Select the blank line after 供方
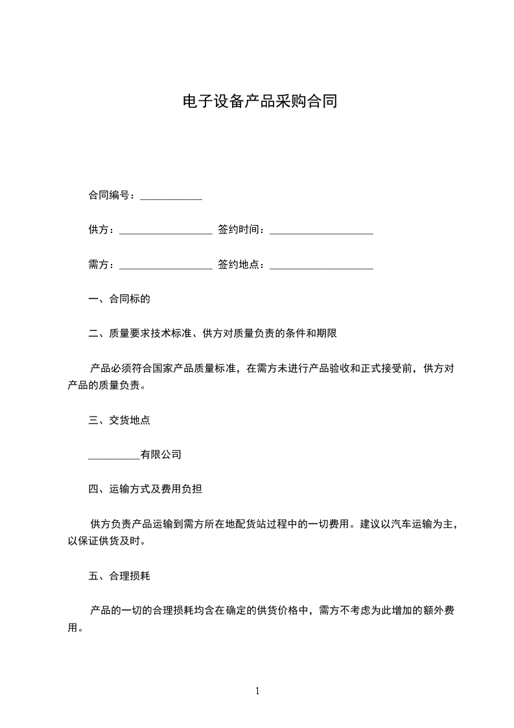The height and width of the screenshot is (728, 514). (x=166, y=230)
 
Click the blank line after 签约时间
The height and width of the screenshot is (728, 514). (x=321, y=230)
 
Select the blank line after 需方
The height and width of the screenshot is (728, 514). (x=166, y=265)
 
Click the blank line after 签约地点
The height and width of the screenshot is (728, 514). (x=321, y=265)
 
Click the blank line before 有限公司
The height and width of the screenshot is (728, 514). (x=113, y=455)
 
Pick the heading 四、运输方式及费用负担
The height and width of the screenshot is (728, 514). (x=145, y=489)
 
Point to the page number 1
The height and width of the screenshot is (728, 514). (x=257, y=691)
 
